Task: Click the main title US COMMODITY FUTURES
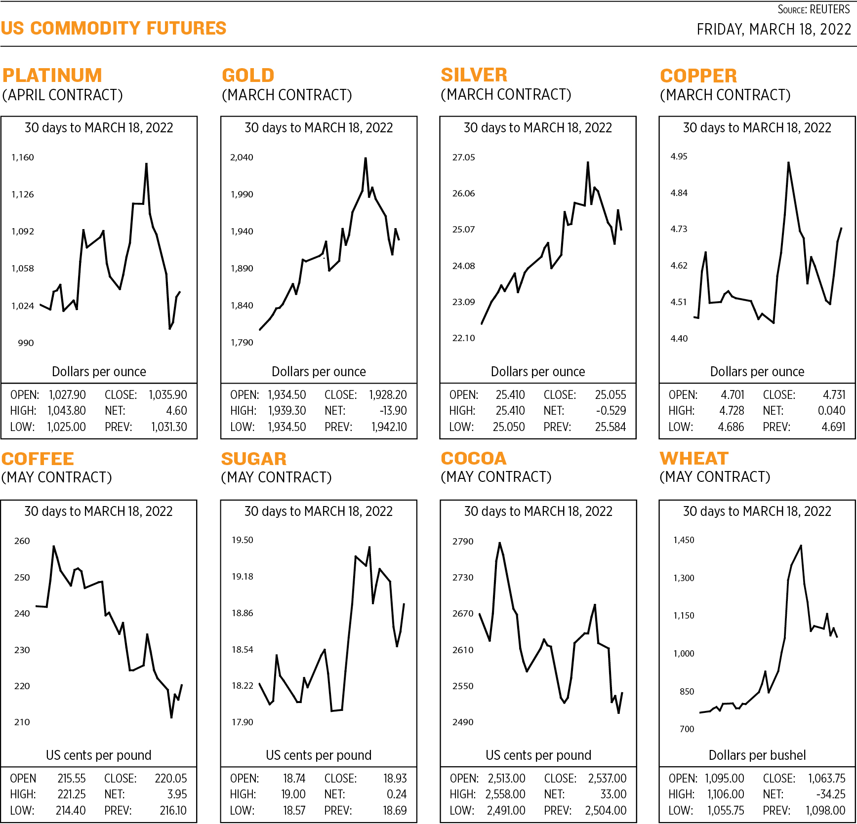(114, 28)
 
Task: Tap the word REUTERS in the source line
(830, 9)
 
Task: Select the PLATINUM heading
(52, 76)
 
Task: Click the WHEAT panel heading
(694, 459)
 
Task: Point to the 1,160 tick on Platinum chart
(23, 157)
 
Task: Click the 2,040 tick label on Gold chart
(242, 157)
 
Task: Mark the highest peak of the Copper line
(788, 162)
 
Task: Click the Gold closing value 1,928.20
(388, 395)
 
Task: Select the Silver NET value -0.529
(611, 411)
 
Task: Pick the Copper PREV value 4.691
(833, 427)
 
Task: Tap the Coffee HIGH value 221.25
(72, 794)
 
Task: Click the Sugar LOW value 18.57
(294, 810)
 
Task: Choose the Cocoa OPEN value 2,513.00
(506, 779)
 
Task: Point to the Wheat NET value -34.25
(830, 794)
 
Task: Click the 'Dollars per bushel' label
(757, 755)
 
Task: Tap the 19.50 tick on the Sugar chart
(243, 540)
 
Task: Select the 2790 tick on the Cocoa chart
(463, 542)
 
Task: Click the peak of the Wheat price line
(801, 546)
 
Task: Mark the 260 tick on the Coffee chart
(22, 541)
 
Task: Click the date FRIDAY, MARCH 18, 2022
(774, 30)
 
